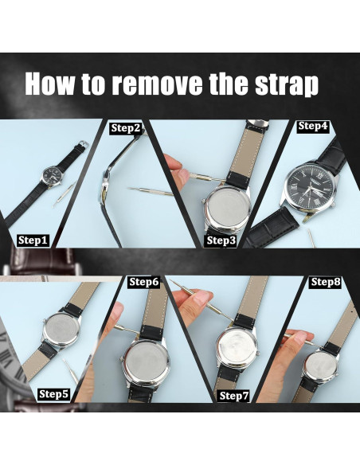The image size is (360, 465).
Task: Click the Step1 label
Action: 33,240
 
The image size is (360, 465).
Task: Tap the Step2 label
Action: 126,128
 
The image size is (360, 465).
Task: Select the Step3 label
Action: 221,240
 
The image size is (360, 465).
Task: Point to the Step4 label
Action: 313,126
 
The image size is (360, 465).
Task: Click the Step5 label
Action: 53,394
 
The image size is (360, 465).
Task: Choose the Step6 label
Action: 144,282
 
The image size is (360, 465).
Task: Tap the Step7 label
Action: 234,396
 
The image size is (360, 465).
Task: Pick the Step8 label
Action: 326,282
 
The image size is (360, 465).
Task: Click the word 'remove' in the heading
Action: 157,84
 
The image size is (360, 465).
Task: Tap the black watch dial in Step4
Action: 310,190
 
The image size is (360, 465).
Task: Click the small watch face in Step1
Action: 52,175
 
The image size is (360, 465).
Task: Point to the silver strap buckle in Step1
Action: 84,143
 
